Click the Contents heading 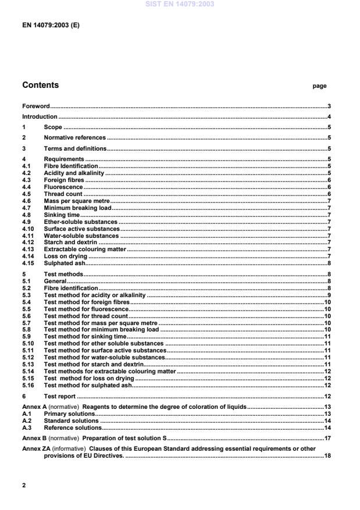[42, 85]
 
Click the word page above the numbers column [319, 86]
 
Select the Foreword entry [36, 106]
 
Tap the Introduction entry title [40, 117]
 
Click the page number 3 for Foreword [329, 106]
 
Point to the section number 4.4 [27, 187]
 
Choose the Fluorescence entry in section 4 [63, 187]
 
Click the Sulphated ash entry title [65, 263]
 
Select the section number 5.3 [27, 295]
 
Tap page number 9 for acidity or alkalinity [329, 295]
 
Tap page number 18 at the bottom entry [327, 456]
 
